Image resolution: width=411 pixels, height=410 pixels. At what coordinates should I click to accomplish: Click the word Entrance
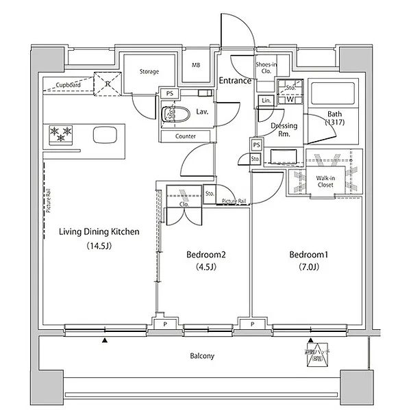point(235,81)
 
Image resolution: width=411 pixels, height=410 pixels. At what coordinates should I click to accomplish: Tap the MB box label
point(197,66)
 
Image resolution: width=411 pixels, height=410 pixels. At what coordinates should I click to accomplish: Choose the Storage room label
point(149,71)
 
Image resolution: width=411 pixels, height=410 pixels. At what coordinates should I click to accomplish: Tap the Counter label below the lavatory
point(185,136)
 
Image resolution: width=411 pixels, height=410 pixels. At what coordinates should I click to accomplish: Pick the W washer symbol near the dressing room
point(290,99)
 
